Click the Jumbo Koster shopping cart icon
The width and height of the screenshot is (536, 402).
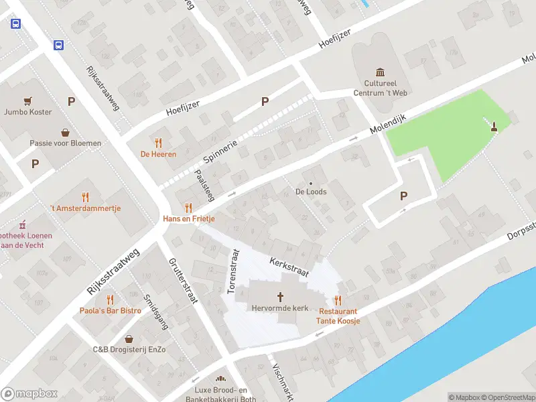(27, 101)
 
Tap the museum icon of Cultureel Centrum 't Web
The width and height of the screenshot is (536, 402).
(381, 72)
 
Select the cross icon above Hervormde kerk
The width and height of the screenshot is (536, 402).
(280, 297)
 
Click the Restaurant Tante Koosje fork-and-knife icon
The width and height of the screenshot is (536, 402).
(338, 301)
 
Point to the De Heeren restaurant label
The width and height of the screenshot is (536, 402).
(158, 154)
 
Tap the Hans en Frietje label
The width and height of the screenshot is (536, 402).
(188, 219)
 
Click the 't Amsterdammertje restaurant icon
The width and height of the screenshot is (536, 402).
(85, 197)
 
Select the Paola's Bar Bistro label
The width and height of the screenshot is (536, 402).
(111, 310)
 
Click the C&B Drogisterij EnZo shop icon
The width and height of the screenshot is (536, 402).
(129, 339)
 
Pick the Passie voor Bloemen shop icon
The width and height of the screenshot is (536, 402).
(65, 132)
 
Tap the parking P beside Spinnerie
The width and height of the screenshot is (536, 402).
(265, 102)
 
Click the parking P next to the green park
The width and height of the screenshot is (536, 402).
(403, 196)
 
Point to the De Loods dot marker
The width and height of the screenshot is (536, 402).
(311, 183)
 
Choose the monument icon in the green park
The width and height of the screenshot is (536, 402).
(494, 126)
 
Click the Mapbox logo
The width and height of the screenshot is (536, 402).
(29, 393)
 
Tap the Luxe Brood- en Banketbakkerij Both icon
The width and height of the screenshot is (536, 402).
(220, 379)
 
